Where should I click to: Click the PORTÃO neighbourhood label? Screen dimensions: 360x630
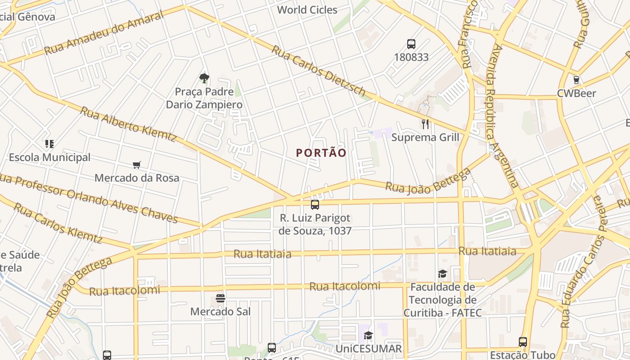click(321, 153)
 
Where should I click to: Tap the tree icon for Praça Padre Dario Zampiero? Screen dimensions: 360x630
click(204, 78)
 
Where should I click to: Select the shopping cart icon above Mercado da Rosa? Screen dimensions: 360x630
click(137, 165)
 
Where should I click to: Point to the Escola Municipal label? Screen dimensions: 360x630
click(49, 157)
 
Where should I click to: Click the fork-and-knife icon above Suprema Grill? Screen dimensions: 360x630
click(425, 124)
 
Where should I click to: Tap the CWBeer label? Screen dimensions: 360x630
click(576, 94)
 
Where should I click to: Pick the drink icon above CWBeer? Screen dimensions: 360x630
click(576, 80)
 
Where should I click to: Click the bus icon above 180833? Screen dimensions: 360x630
click(411, 44)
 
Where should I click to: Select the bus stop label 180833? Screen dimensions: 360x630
click(411, 58)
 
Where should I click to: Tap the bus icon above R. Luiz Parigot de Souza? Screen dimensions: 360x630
click(315, 205)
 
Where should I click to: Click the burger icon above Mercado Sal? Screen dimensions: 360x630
click(220, 298)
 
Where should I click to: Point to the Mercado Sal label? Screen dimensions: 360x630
click(220, 311)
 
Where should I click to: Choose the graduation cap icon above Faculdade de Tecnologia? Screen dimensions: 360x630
click(443, 274)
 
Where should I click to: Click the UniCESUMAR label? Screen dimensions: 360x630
click(369, 349)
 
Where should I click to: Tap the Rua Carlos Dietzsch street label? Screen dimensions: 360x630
click(318, 70)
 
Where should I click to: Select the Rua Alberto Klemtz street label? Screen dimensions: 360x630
click(128, 124)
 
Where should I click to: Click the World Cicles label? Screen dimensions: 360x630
click(307, 10)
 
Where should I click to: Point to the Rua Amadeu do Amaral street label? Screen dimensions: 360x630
click(104, 34)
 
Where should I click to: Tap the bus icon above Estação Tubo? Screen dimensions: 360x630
click(523, 342)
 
